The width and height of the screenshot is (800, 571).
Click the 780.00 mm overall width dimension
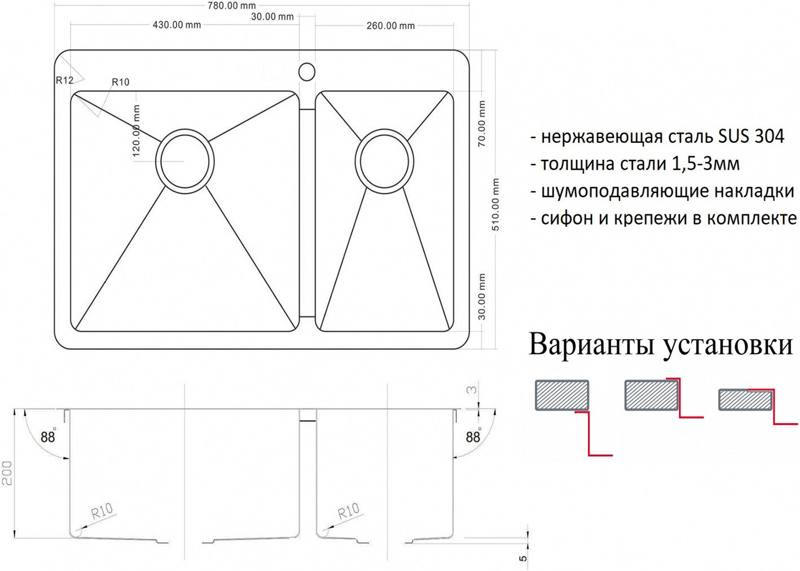(231, 5)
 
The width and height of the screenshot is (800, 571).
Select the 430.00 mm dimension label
(177, 25)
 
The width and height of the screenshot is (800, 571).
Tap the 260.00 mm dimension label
(391, 26)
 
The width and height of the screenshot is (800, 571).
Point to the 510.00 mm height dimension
(496, 205)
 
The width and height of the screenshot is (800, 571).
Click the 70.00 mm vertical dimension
(482, 124)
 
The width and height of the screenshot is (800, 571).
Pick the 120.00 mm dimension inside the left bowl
(136, 131)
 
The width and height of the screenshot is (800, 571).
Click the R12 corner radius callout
(64, 80)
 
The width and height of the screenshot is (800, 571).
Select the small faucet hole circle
(306, 72)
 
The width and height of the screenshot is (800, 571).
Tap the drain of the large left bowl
(184, 159)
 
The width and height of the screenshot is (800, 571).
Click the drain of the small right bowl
(384, 161)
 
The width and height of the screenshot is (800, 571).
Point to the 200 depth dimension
(7, 473)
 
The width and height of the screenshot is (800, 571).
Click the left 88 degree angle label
(48, 437)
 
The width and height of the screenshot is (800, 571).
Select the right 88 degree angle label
(473, 437)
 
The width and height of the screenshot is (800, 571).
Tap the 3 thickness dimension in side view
(472, 389)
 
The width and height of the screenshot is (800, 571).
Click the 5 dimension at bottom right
(522, 558)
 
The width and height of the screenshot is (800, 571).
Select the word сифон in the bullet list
(567, 218)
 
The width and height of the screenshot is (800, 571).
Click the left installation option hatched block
(562, 395)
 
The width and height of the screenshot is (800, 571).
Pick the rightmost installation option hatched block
(746, 399)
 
